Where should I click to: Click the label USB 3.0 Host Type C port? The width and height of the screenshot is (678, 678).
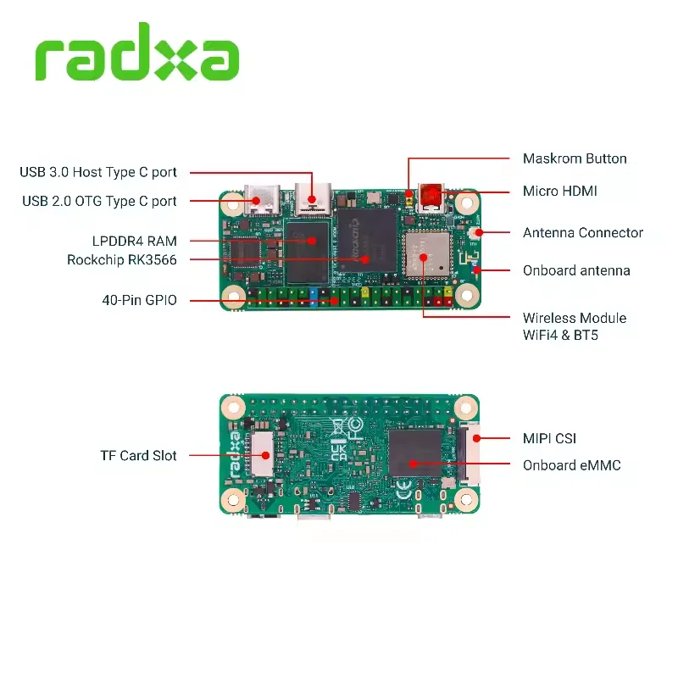(98, 172)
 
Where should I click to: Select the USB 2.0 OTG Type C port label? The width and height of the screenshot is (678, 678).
(98, 201)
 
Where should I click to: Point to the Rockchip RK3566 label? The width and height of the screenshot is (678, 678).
(122, 259)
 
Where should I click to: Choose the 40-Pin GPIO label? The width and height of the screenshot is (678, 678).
(139, 299)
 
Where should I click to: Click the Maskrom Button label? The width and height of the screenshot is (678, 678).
(575, 158)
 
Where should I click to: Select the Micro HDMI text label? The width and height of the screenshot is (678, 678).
(559, 192)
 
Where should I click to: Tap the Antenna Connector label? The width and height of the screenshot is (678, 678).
(583, 232)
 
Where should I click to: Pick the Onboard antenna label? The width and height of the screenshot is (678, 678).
(576, 270)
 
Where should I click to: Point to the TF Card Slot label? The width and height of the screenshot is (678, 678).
(138, 455)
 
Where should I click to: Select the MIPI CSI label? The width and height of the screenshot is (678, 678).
(549, 438)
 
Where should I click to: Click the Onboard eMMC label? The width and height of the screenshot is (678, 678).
(571, 465)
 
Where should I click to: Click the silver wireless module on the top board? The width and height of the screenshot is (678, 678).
(423, 253)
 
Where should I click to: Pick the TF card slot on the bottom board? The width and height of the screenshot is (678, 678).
(263, 455)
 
